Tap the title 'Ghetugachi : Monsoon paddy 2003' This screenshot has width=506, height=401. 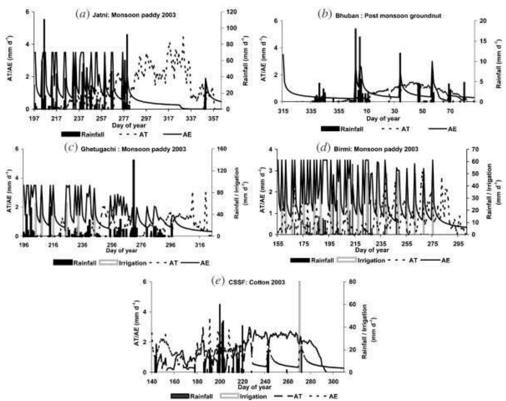[133, 149]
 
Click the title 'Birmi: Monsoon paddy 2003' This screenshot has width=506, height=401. [376, 149]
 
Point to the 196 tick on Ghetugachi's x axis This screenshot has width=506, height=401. [24, 245]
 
